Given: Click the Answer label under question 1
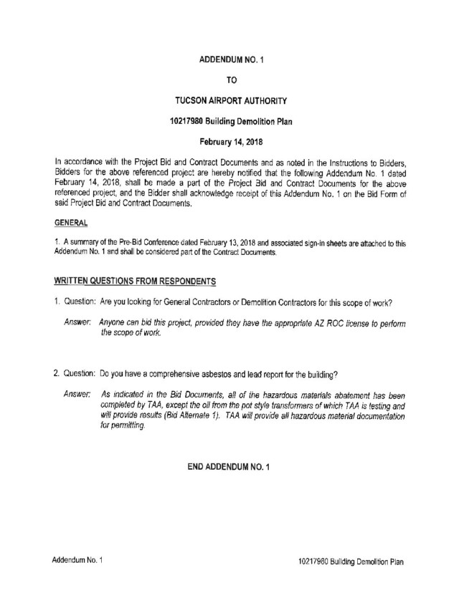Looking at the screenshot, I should [x=77, y=323].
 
